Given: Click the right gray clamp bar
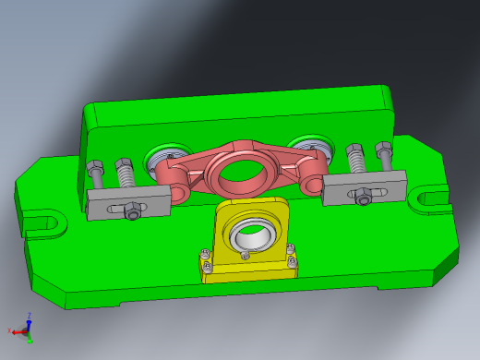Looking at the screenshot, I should [x=365, y=189].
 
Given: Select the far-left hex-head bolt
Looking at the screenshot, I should [x=95, y=174].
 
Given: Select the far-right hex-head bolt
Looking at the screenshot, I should [x=383, y=154].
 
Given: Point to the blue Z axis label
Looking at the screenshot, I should [x=30, y=315].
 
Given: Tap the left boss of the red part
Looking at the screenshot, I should [x=173, y=173].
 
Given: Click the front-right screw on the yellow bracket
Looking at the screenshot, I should [x=293, y=268].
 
